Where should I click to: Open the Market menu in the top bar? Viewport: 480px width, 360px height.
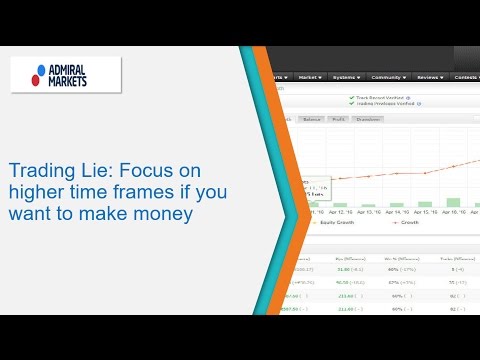310,76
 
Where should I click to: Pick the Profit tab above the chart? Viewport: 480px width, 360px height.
338,118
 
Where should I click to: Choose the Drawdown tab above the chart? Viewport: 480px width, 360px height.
369,118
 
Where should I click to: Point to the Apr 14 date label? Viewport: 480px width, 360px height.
396,212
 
